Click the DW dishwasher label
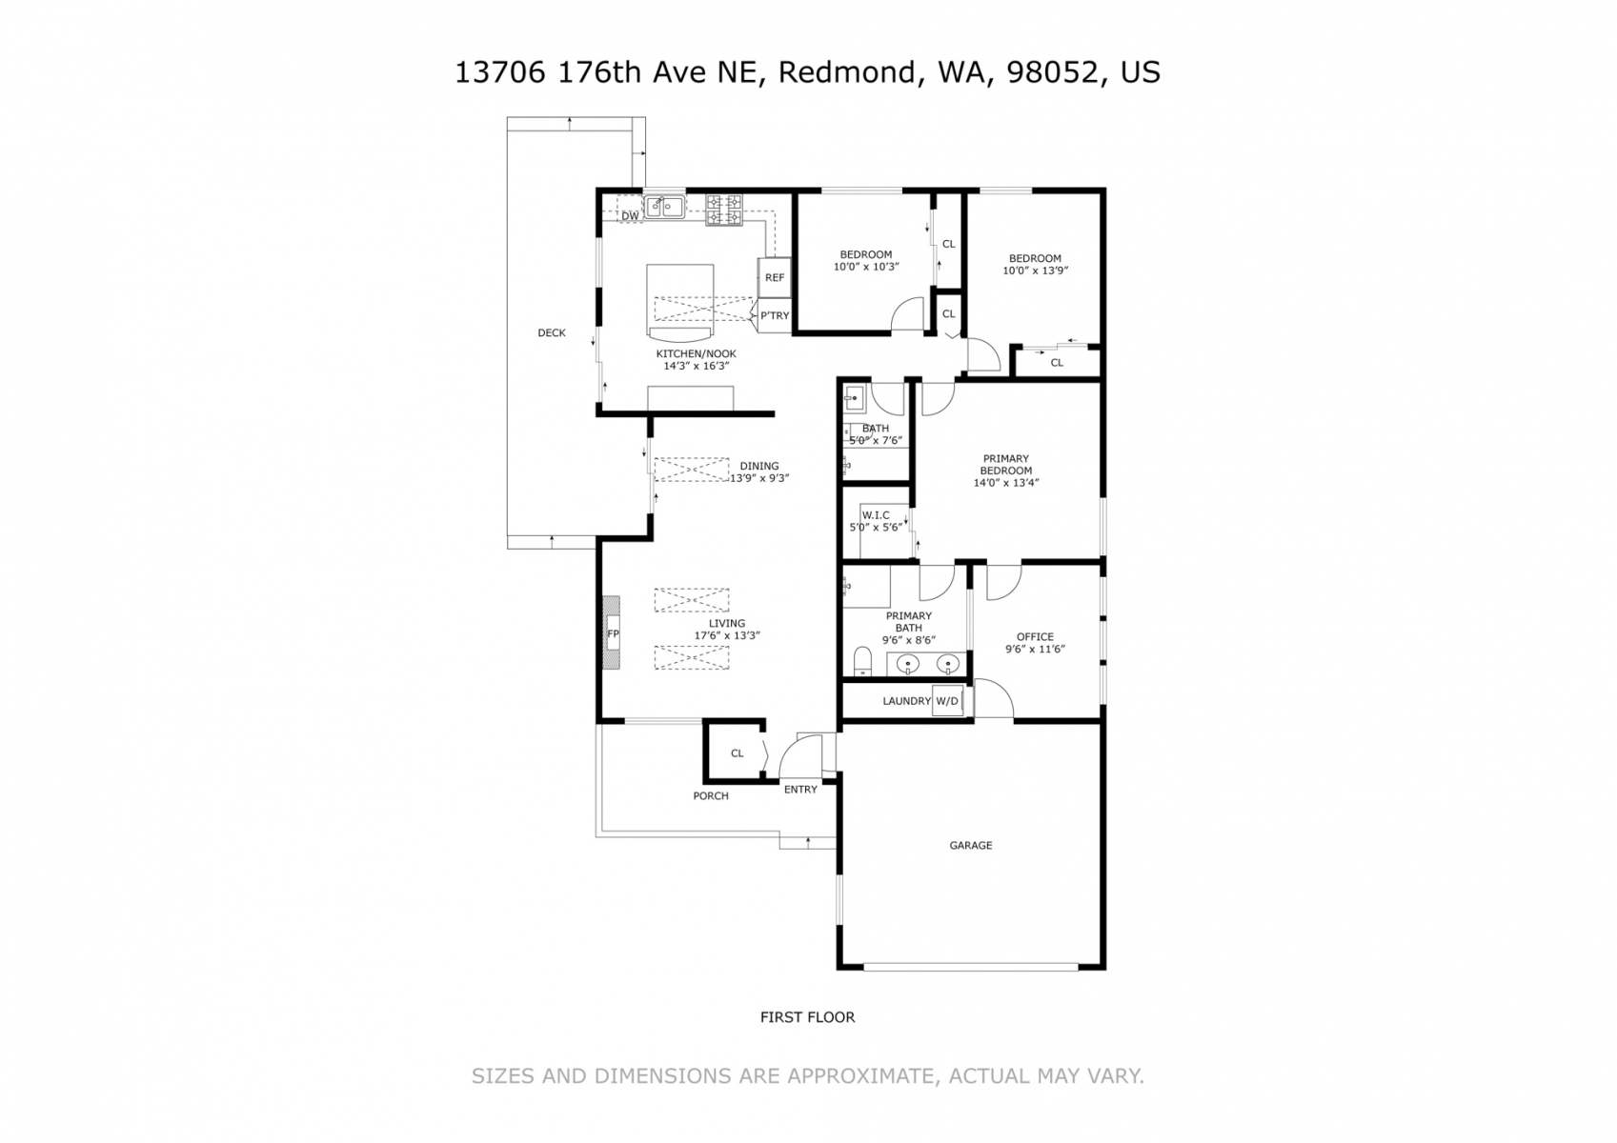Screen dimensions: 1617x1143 click(630, 216)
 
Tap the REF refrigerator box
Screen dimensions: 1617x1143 click(775, 277)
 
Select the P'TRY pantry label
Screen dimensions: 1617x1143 click(775, 315)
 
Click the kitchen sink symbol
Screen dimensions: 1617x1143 click(665, 207)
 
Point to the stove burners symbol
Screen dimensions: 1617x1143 click(724, 210)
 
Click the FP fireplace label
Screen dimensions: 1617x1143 click(613, 634)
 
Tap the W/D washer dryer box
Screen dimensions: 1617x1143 click(947, 701)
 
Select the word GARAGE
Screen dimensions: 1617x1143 click(970, 845)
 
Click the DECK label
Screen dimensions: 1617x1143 click(552, 332)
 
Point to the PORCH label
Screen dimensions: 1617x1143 click(710, 796)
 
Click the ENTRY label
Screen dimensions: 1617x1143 click(800, 790)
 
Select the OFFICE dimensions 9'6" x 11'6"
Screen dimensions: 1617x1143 click(1035, 649)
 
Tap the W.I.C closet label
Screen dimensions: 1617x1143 click(876, 515)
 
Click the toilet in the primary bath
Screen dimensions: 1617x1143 click(862, 661)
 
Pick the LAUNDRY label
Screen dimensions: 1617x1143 click(907, 701)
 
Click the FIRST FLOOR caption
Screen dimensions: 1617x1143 click(807, 1017)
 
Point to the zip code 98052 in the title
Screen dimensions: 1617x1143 click(1052, 72)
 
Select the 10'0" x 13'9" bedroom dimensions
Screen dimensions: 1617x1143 click(1035, 271)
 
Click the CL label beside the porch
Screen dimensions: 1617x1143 click(737, 753)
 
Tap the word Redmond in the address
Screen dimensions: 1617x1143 click(847, 73)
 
